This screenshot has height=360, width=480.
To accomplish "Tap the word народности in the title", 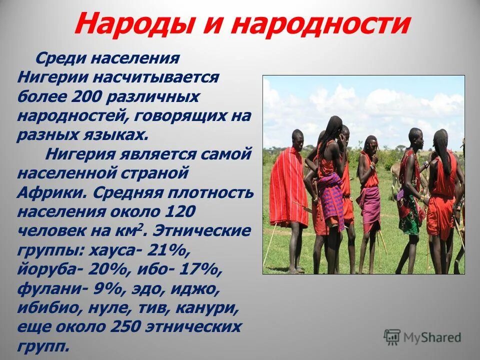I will click(x=322, y=24).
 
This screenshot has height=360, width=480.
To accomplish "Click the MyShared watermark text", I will click(x=432, y=337).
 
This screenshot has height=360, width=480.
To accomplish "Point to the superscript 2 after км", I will click(x=143, y=227).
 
